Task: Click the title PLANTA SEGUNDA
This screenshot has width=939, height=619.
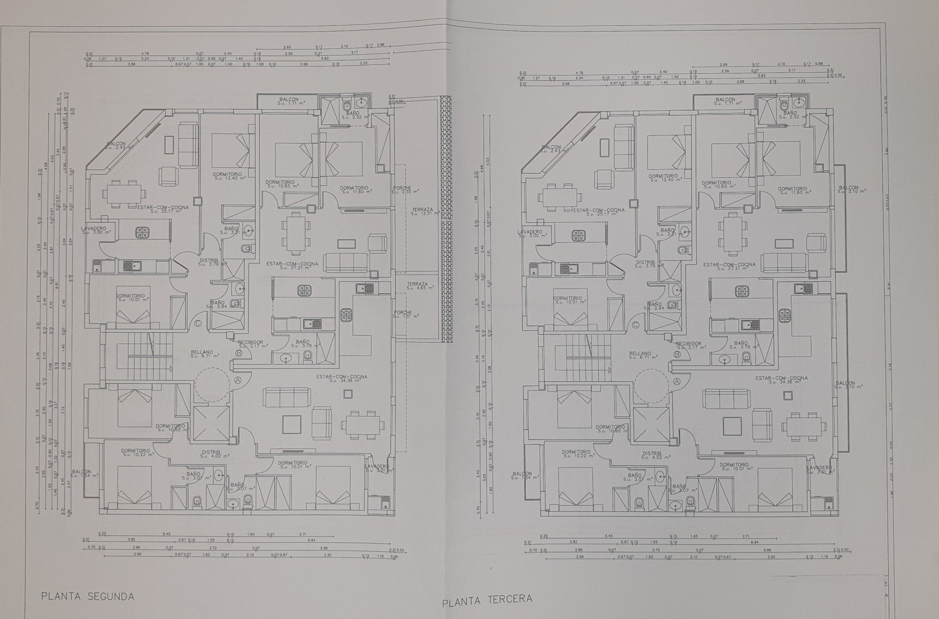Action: pos(88,596)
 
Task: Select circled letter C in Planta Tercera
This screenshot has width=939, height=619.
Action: pos(635,324)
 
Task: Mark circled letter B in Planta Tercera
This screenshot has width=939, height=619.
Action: pos(677,354)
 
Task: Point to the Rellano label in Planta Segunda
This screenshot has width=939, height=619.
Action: pos(202,354)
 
